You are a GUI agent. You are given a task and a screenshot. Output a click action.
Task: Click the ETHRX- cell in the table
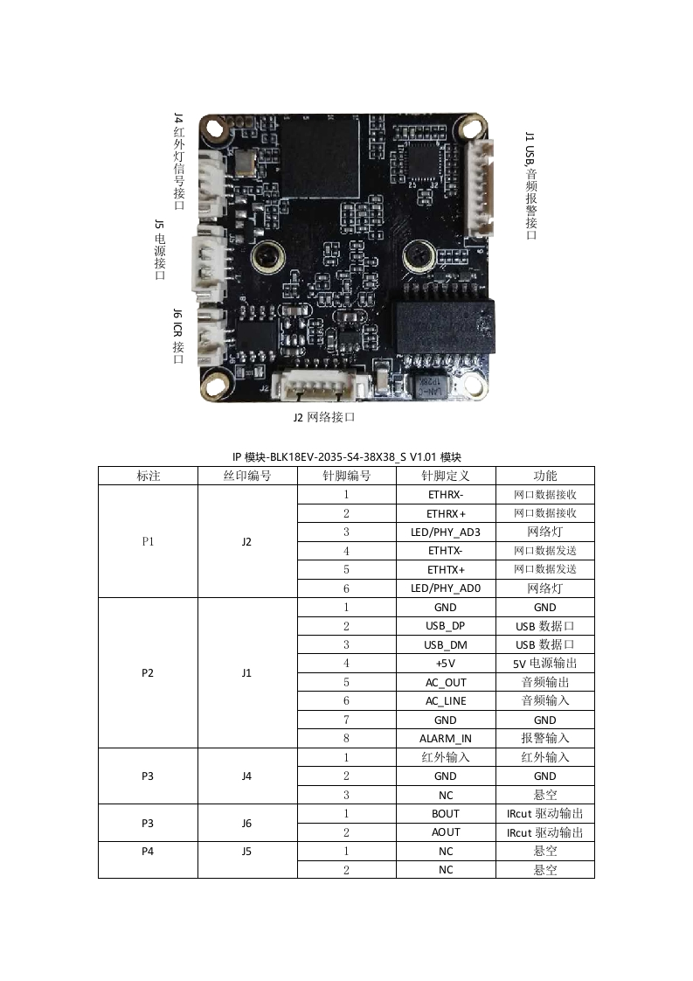tap(445, 494)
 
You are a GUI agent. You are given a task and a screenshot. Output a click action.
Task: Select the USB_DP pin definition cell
tap(445, 626)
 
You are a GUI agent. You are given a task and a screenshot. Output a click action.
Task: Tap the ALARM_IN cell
tap(445, 738)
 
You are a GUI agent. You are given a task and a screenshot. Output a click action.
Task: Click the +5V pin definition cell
tap(445, 664)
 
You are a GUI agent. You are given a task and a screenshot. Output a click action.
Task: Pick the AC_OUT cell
tap(445, 682)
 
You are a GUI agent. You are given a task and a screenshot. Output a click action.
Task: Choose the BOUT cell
tap(445, 813)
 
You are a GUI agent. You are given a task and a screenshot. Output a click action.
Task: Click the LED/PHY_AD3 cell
tap(445, 532)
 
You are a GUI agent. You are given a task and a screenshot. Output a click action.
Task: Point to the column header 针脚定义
tap(445, 476)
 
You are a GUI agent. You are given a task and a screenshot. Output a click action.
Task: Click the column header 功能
tap(544, 476)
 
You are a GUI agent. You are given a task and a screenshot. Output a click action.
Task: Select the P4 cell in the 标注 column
tap(148, 851)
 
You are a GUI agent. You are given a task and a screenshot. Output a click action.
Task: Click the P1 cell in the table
tap(148, 541)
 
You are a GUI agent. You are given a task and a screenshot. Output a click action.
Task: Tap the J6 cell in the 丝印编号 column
tap(246, 823)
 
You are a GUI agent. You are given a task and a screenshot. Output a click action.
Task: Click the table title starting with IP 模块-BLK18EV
tap(346, 456)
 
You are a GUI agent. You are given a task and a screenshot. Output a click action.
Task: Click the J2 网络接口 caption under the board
tap(323, 417)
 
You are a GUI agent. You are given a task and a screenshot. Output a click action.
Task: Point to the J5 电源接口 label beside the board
tap(160, 250)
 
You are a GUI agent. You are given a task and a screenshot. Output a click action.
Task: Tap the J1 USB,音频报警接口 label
tap(530, 185)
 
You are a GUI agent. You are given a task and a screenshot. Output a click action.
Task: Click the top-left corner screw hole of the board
tap(213, 130)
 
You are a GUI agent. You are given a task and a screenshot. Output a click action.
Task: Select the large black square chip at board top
tap(319, 158)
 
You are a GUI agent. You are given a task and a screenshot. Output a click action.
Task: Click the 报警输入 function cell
tap(544, 738)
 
